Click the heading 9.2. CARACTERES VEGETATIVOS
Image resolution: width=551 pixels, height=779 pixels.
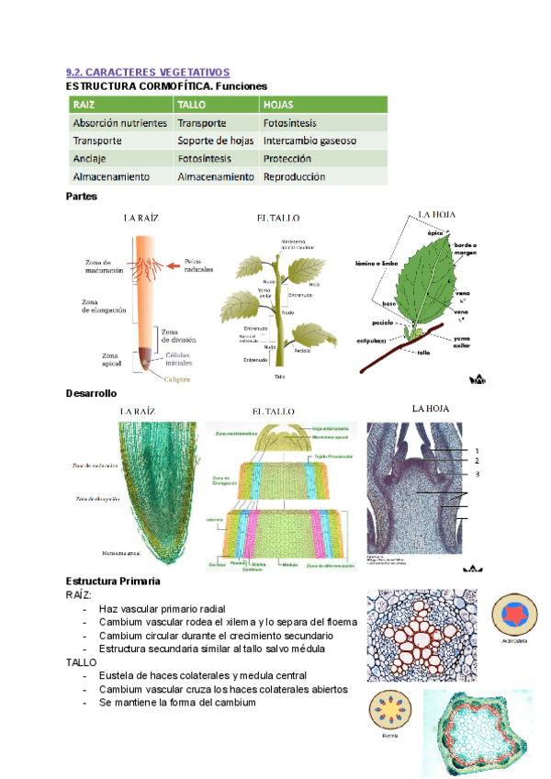[x=148, y=72]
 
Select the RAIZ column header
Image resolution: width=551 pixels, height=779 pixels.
[x=84, y=104]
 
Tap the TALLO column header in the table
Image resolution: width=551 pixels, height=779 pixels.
[x=192, y=104]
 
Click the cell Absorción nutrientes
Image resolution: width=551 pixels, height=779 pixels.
[x=119, y=122]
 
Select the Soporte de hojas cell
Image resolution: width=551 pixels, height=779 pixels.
[x=215, y=141]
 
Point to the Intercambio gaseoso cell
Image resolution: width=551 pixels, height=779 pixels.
[x=309, y=141]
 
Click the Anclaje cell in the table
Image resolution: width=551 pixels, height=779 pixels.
[x=91, y=158]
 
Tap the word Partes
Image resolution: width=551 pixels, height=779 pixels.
[x=82, y=196]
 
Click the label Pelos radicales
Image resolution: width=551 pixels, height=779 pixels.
[x=198, y=265]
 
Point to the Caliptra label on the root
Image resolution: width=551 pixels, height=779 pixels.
[x=180, y=377]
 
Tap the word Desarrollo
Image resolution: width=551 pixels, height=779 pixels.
[x=91, y=393]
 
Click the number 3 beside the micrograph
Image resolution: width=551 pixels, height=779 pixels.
[x=477, y=474]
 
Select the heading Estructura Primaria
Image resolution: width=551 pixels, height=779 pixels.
[x=114, y=581]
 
